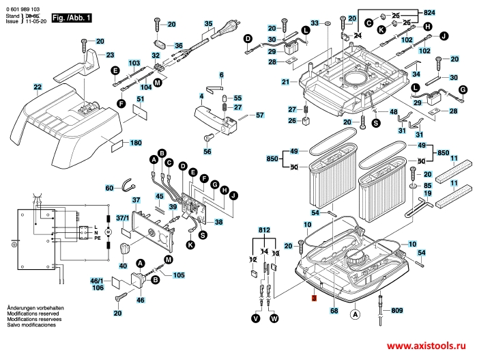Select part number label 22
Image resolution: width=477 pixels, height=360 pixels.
37,87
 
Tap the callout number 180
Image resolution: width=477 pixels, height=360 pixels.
135,143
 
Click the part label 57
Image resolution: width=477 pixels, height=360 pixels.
259,115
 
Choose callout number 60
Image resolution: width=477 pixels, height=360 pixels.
109,188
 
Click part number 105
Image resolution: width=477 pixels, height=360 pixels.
178,275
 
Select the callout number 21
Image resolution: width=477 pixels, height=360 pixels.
285,82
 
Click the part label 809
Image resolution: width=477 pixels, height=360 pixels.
397,311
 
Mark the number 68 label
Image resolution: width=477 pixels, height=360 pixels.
334,311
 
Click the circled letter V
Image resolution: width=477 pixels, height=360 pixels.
256,318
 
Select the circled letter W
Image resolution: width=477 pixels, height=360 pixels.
274,318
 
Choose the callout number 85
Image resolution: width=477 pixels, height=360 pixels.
428,185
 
